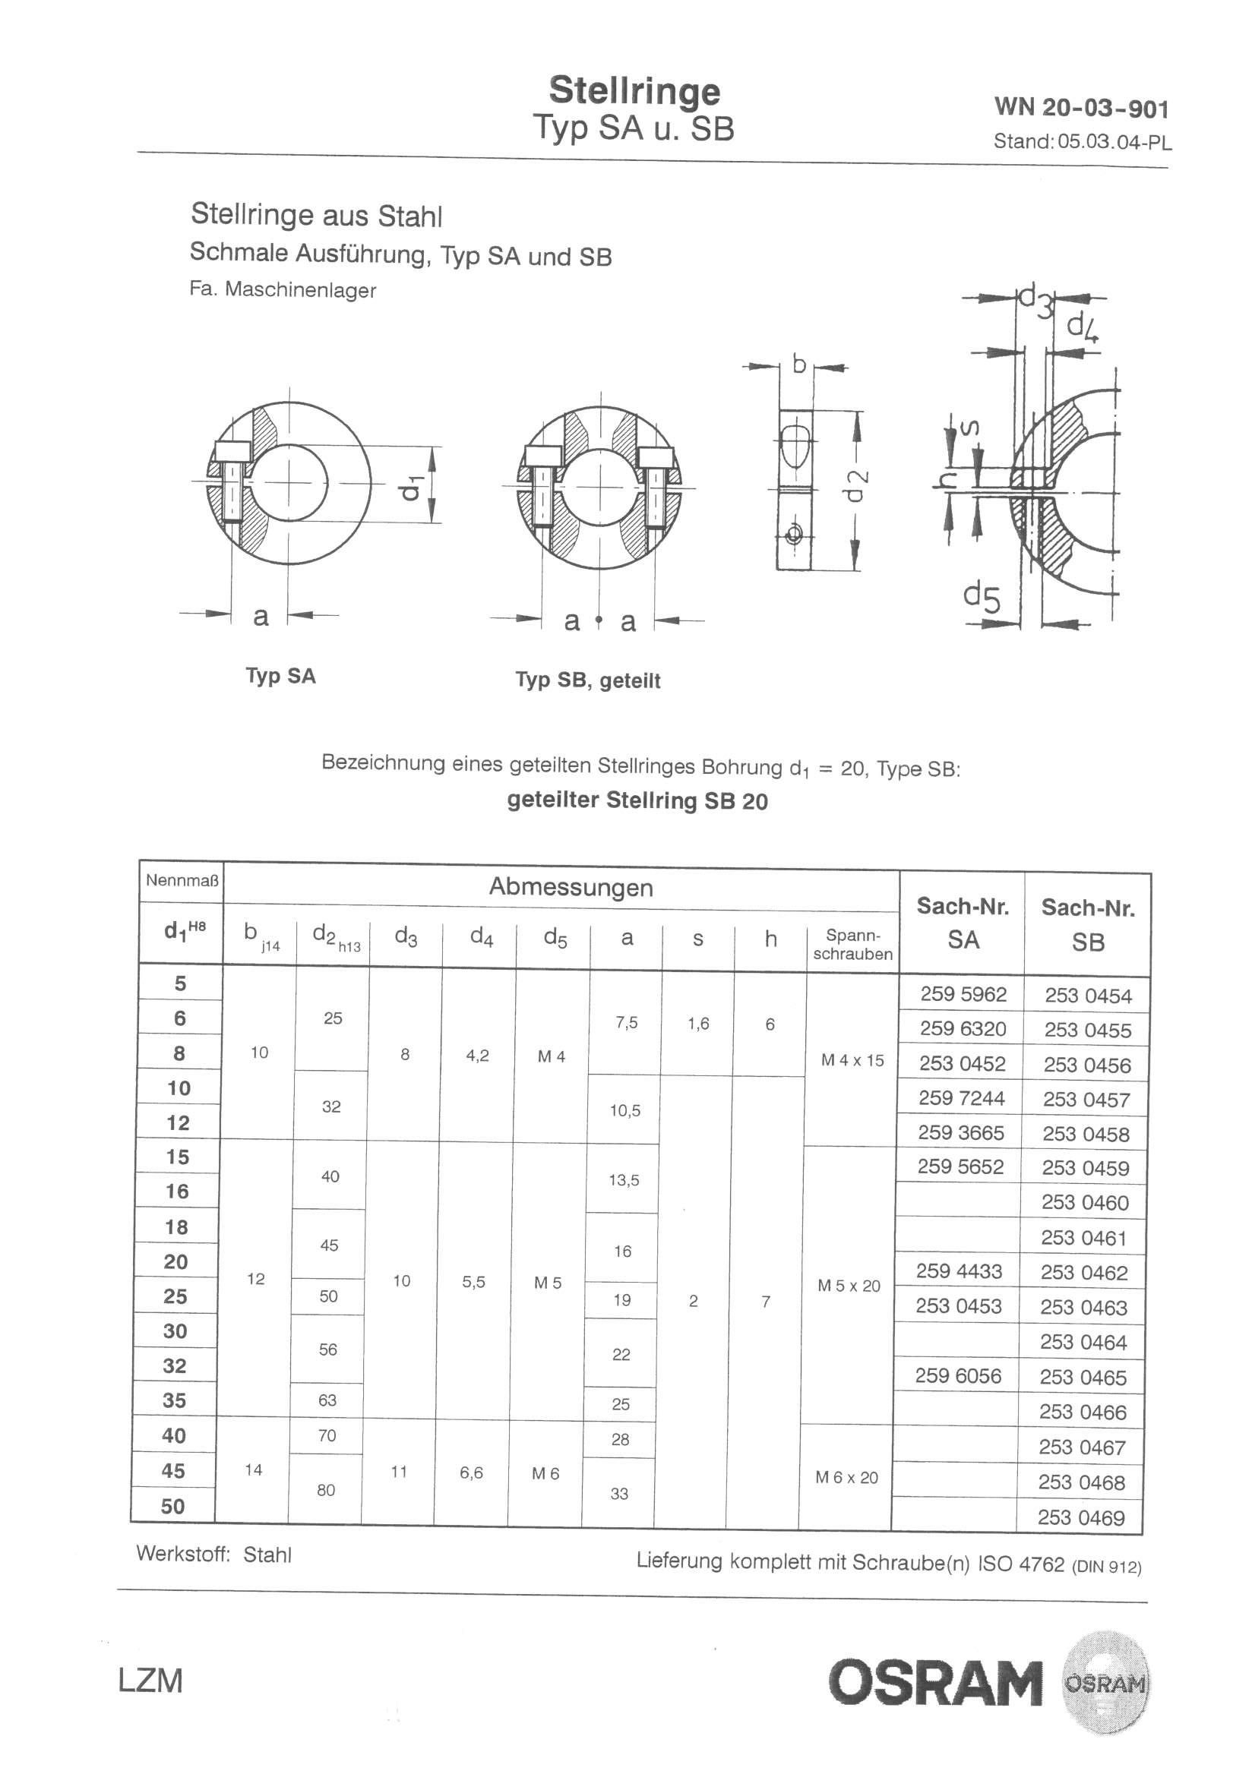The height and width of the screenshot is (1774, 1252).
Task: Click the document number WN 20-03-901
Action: (x=1081, y=107)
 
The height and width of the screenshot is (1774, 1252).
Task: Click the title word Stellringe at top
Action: (x=634, y=91)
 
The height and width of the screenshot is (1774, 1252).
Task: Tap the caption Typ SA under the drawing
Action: (x=280, y=676)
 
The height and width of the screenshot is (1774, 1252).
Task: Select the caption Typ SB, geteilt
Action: (x=587, y=680)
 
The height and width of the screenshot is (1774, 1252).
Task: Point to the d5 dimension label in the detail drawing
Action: (x=981, y=597)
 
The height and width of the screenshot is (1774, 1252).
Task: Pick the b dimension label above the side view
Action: (x=799, y=363)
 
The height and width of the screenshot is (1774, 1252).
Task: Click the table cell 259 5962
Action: (x=963, y=994)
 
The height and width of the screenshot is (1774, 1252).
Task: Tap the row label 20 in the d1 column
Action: (x=176, y=1261)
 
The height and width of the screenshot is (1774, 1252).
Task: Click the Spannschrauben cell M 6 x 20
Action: (x=846, y=1477)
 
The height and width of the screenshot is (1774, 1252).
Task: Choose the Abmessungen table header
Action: (x=571, y=887)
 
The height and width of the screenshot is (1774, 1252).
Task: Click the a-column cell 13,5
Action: (x=624, y=1180)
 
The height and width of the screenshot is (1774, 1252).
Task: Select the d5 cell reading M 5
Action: (x=547, y=1283)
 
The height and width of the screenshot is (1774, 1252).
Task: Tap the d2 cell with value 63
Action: (x=327, y=1400)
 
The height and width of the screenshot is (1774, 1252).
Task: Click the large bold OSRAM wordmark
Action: (x=934, y=1686)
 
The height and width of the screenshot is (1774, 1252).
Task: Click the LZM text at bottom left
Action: (x=150, y=1681)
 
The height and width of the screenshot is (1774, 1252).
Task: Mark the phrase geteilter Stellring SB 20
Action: (x=637, y=800)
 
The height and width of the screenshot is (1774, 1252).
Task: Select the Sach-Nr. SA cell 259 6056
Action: (x=958, y=1376)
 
